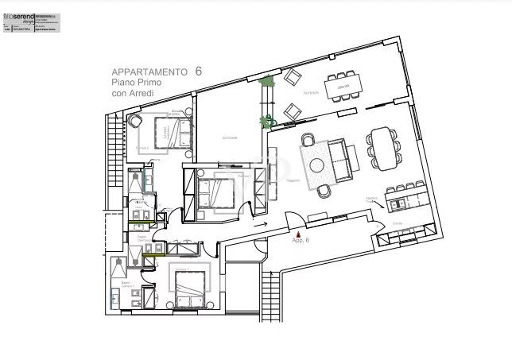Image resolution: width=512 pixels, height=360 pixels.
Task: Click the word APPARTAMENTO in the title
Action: point(148,72)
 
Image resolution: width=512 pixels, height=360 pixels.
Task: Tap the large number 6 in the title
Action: point(198,71)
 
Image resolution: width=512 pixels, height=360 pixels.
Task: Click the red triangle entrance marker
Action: point(297,234)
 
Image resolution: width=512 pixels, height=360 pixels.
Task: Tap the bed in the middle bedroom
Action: point(217,191)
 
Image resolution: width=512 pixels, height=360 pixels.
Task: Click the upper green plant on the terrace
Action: point(268,82)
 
